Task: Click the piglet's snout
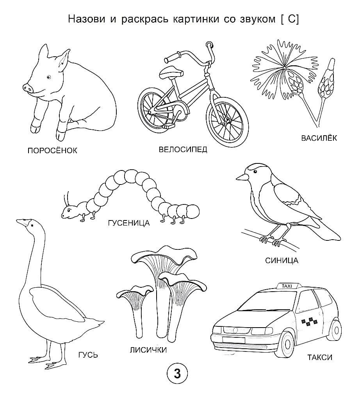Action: (28, 88)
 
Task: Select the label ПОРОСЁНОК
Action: (52, 151)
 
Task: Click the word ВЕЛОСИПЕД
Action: (183, 149)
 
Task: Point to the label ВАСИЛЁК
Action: (319, 138)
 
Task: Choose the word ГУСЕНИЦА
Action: (129, 223)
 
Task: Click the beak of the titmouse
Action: (242, 177)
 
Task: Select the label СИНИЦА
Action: (282, 260)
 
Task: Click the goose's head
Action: (28, 224)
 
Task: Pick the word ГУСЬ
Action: (88, 355)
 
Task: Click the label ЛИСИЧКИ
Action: (148, 350)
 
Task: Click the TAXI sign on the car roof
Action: (287, 286)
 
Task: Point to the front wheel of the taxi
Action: (287, 344)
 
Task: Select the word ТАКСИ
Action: (320, 357)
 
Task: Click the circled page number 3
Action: (177, 374)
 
